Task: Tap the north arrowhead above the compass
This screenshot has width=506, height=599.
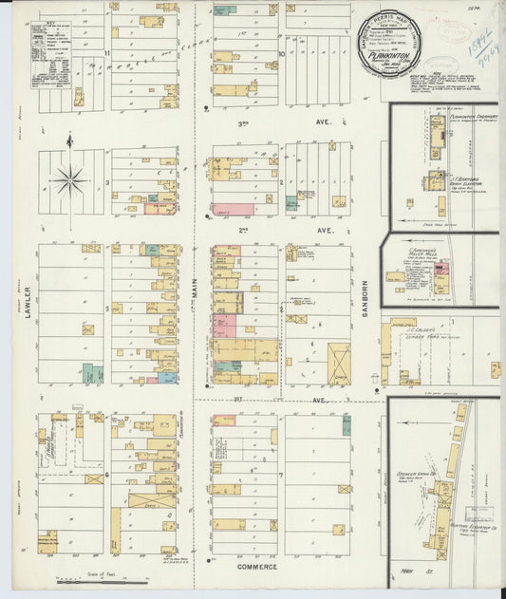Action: click(x=69, y=141)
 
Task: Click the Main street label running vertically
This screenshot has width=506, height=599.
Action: click(x=197, y=302)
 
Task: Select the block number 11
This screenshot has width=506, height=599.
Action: click(x=108, y=54)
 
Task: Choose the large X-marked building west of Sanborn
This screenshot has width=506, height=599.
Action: click(x=339, y=364)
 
